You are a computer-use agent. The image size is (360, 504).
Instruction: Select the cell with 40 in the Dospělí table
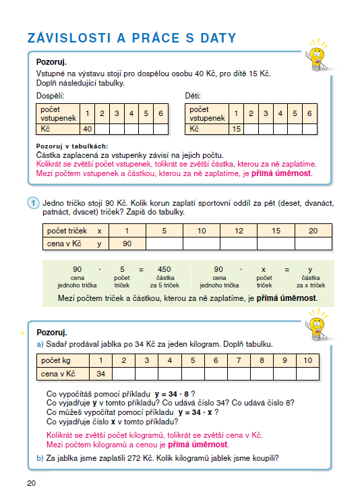tap(87, 129)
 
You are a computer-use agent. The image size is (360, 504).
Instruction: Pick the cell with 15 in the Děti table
tap(236, 129)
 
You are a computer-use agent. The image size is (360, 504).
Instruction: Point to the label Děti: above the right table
tap(193, 96)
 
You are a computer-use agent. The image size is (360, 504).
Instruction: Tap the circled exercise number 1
tap(32, 202)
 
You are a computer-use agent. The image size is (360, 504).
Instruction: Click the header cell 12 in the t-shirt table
tap(239, 231)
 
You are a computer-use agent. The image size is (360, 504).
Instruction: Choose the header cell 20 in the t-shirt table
tap(313, 231)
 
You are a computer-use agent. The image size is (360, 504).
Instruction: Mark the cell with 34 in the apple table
tap(100, 373)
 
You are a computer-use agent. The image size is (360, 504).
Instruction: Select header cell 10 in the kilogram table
tap(307, 360)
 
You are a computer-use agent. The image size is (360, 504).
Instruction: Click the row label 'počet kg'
tap(57, 360)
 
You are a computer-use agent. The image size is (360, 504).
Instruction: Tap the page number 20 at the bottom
tap(32, 482)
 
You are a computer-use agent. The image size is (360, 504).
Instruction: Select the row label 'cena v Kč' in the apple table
tap(58, 373)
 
